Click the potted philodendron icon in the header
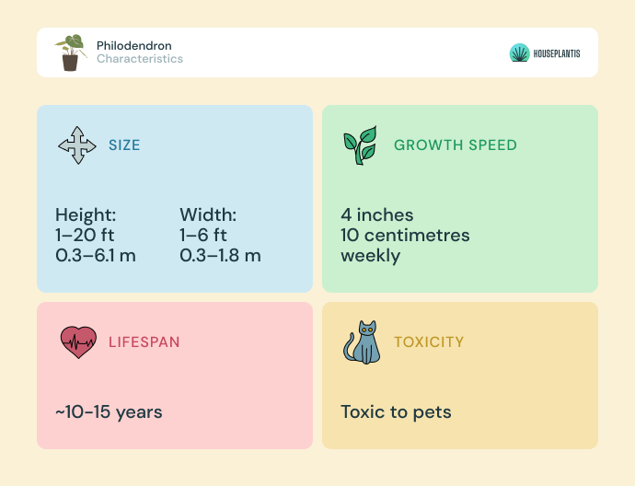[x=71, y=52]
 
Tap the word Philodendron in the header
[x=134, y=45]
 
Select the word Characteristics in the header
[x=140, y=59]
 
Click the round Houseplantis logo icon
[x=519, y=52]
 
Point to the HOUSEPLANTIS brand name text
[x=557, y=53]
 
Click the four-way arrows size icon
[x=77, y=145]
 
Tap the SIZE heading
[x=124, y=145]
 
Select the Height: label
[x=86, y=214]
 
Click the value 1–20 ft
[x=85, y=235]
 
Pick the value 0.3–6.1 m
[x=96, y=256]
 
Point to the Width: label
[x=208, y=214]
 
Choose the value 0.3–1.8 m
[x=220, y=256]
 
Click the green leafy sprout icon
[x=361, y=145]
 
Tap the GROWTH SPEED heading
[x=456, y=145]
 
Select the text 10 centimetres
[x=405, y=235]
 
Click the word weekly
[x=370, y=256]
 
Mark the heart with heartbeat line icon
[x=78, y=342]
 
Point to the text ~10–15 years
[x=109, y=411]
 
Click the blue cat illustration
[x=362, y=342]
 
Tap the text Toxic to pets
[x=396, y=411]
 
